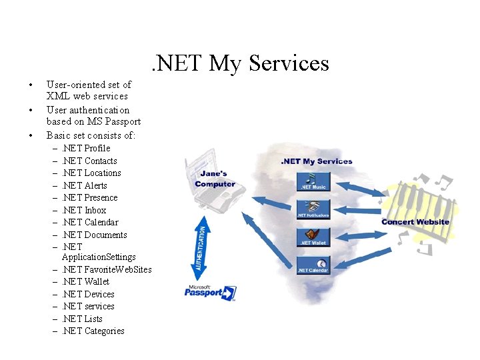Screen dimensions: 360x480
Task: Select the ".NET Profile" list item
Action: click(86, 148)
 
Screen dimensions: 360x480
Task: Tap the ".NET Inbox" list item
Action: click(84, 210)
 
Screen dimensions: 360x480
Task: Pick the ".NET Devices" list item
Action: click(88, 294)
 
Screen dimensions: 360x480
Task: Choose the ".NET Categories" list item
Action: click(93, 331)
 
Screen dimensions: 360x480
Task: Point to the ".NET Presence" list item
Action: click(89, 197)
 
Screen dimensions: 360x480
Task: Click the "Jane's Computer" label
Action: click(215, 179)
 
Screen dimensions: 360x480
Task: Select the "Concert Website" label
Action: click(415, 222)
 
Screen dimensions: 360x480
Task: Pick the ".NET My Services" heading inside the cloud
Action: click(317, 161)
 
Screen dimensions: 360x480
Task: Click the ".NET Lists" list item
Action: click(82, 319)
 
